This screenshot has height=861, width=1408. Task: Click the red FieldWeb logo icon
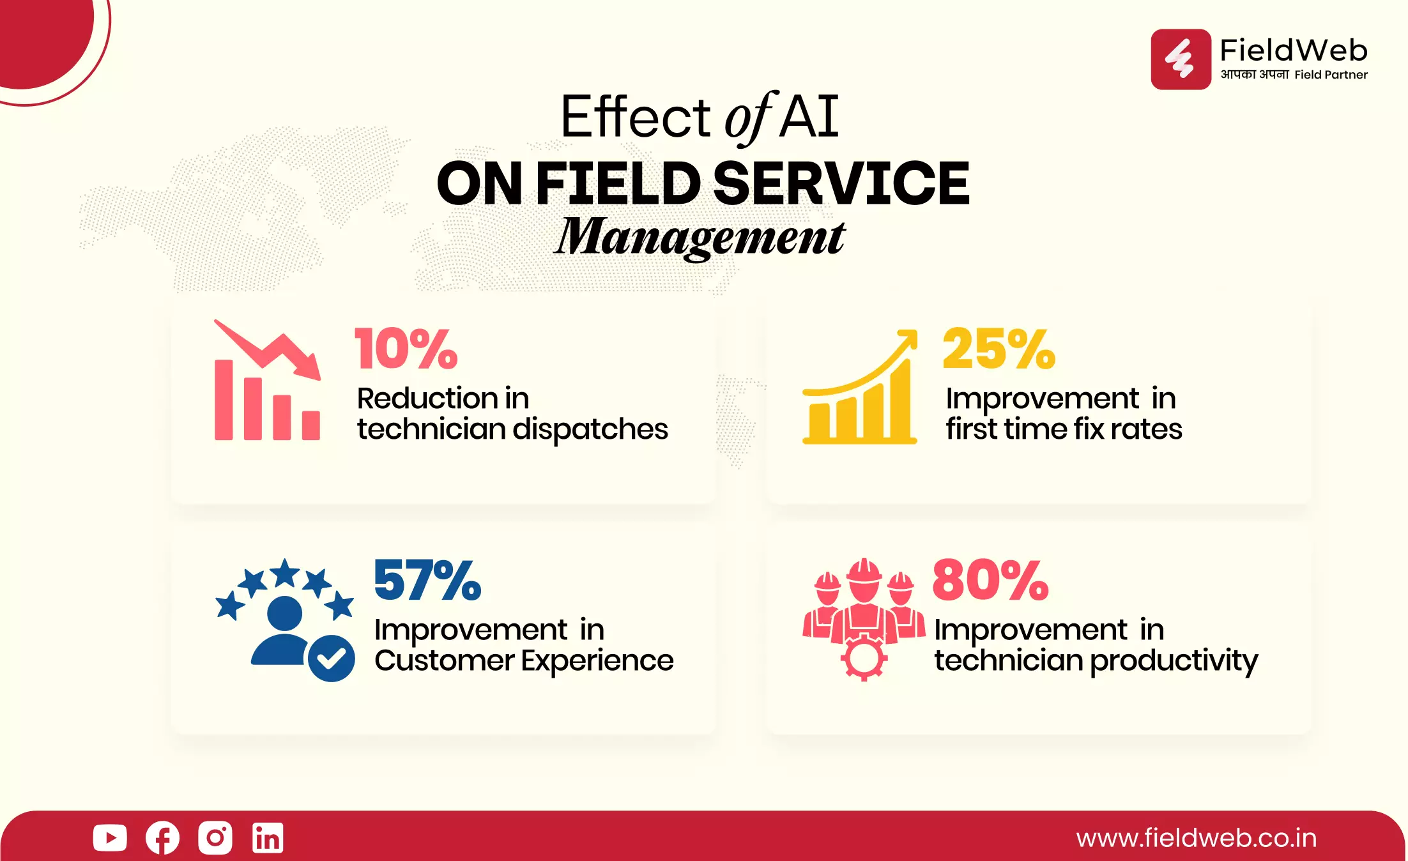[x=1181, y=59]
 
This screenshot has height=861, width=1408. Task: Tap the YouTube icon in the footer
[x=110, y=838]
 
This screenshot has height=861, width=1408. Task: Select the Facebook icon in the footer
[x=162, y=838]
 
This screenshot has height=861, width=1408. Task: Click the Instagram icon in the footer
[x=215, y=837]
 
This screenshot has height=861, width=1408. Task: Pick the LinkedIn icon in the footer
[x=268, y=838]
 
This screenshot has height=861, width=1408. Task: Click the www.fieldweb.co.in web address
[x=1196, y=838]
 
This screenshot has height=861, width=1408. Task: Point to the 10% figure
[x=406, y=349]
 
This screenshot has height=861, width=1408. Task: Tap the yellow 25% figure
[x=999, y=349]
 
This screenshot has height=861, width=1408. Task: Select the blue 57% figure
[x=427, y=580]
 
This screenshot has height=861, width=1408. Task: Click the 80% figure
[x=990, y=580]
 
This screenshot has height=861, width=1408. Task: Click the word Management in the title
[x=700, y=238]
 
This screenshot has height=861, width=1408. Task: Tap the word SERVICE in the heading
[x=841, y=183]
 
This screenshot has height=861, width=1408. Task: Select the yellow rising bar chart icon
[x=860, y=386]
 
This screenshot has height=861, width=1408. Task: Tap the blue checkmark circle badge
[x=331, y=659]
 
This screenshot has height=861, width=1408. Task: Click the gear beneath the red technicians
[x=864, y=657]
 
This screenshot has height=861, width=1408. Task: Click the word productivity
[x=1174, y=661]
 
